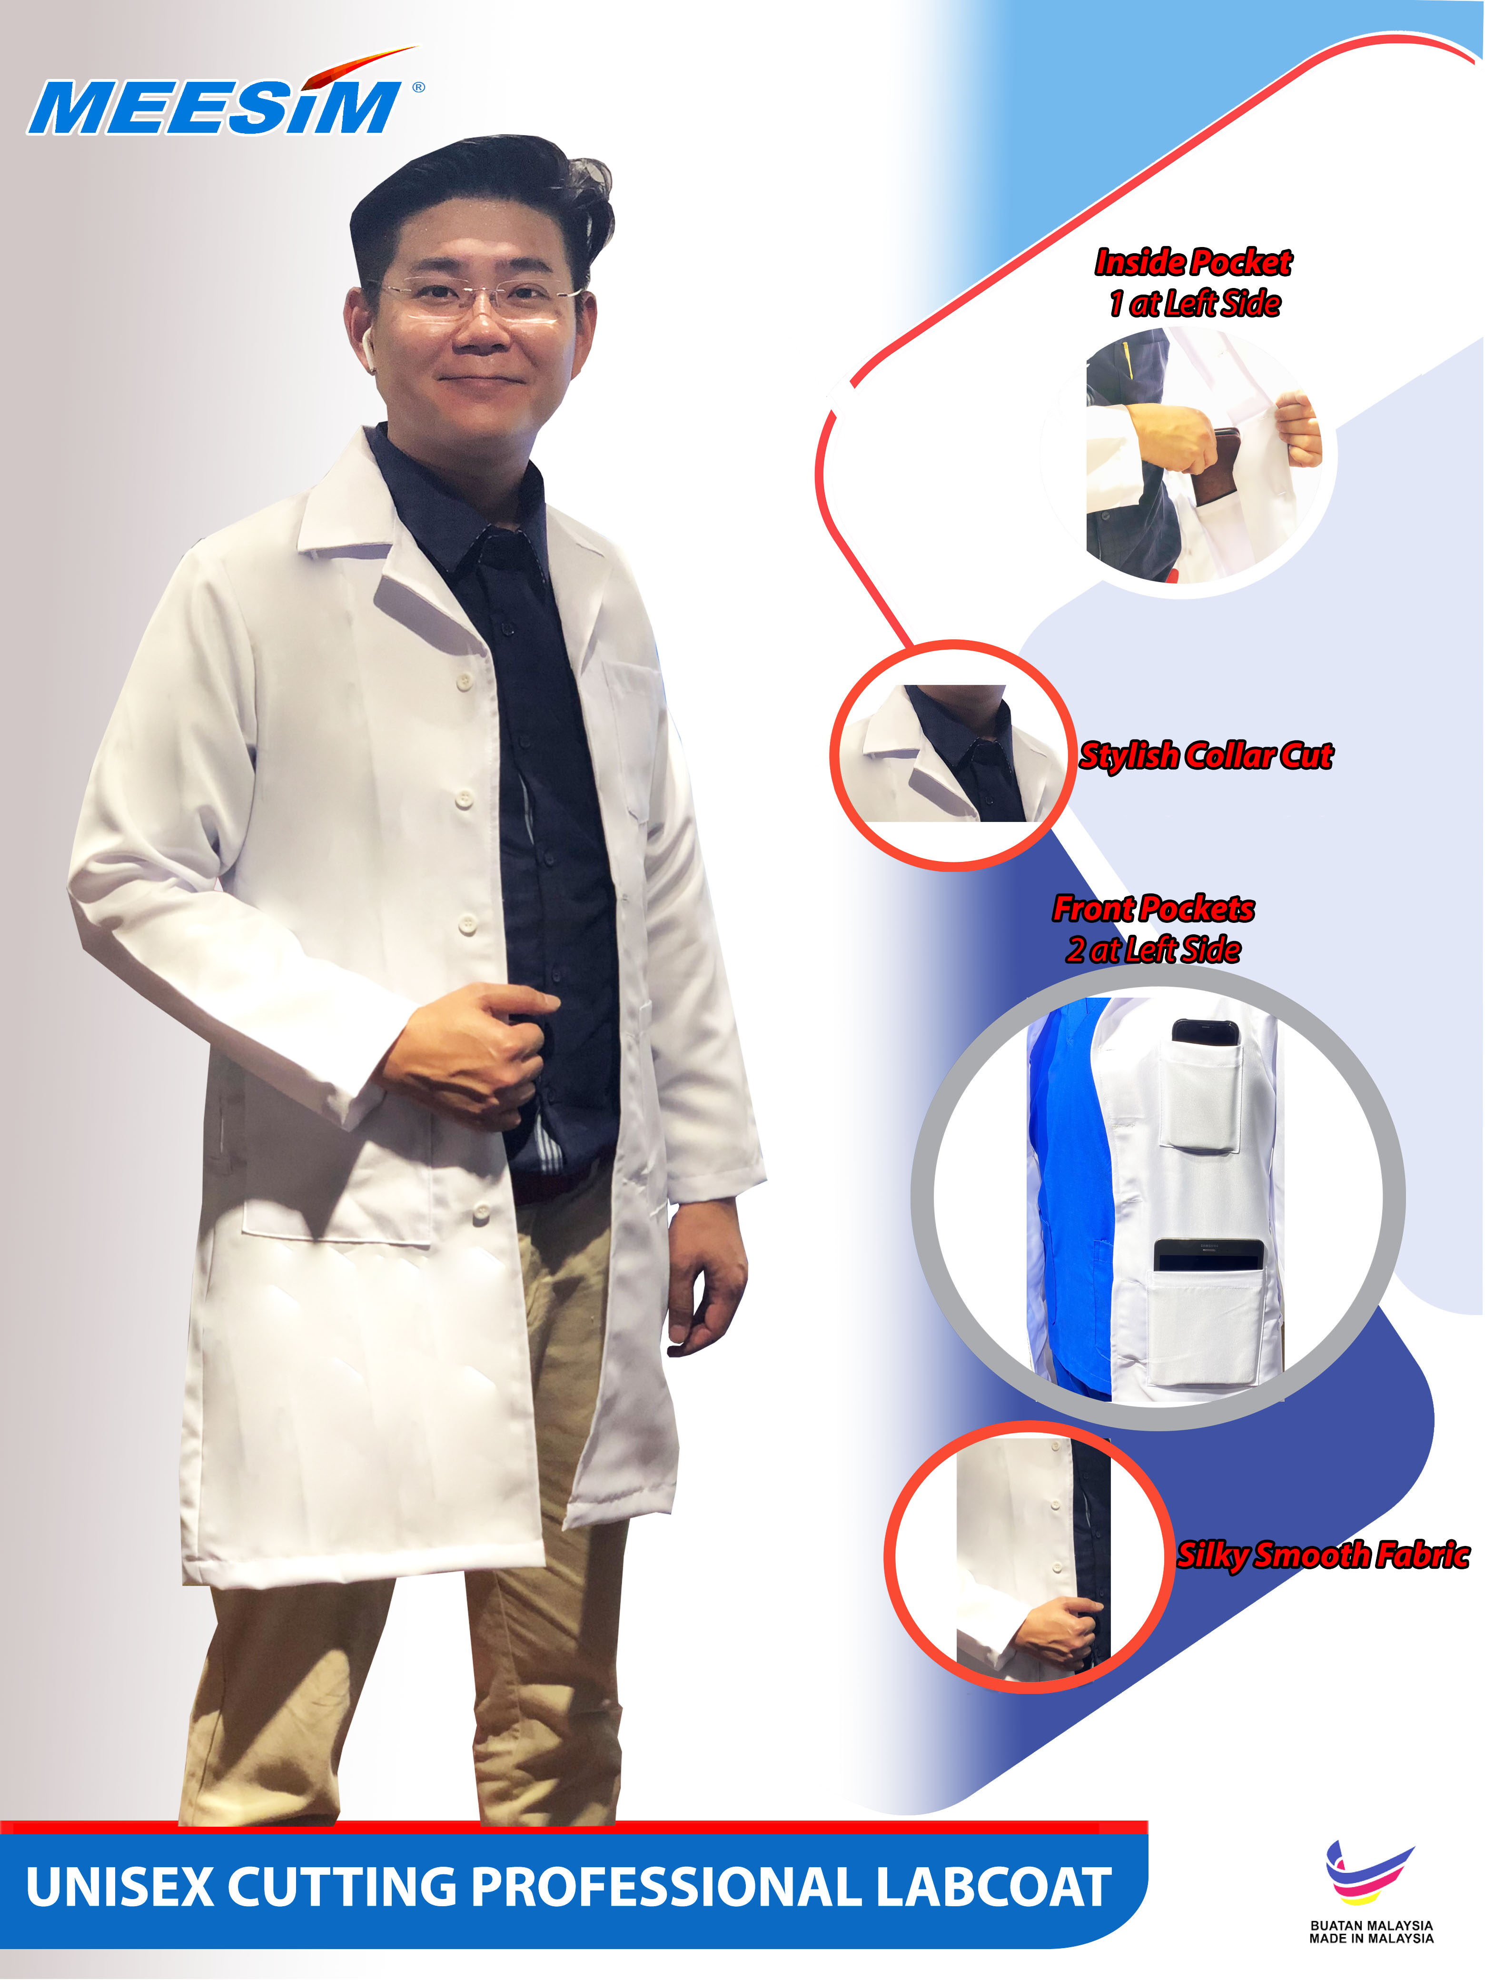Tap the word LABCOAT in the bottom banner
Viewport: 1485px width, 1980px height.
point(993,1887)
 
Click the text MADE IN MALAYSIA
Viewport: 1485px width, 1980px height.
point(1371,1939)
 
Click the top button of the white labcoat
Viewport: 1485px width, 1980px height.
point(464,682)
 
